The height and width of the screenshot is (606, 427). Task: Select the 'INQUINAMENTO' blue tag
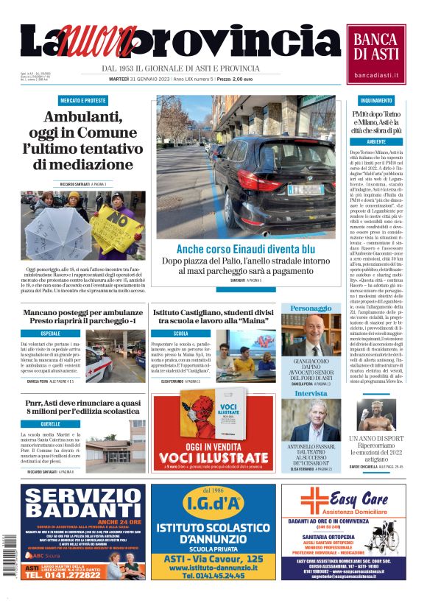click(x=376, y=100)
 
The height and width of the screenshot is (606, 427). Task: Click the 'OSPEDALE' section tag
click(x=51, y=334)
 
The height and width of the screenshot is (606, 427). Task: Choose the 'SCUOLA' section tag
click(x=181, y=334)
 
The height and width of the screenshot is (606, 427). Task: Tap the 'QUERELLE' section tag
click(x=51, y=424)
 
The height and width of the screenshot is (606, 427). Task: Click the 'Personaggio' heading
click(x=311, y=308)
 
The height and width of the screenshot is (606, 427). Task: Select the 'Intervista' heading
click(x=311, y=393)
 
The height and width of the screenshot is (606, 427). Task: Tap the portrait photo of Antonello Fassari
click(x=315, y=420)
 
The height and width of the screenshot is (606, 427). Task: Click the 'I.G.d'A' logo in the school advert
click(x=213, y=504)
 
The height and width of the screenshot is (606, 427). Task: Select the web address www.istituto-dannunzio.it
click(x=213, y=568)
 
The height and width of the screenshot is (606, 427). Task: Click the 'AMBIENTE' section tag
click(x=376, y=141)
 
